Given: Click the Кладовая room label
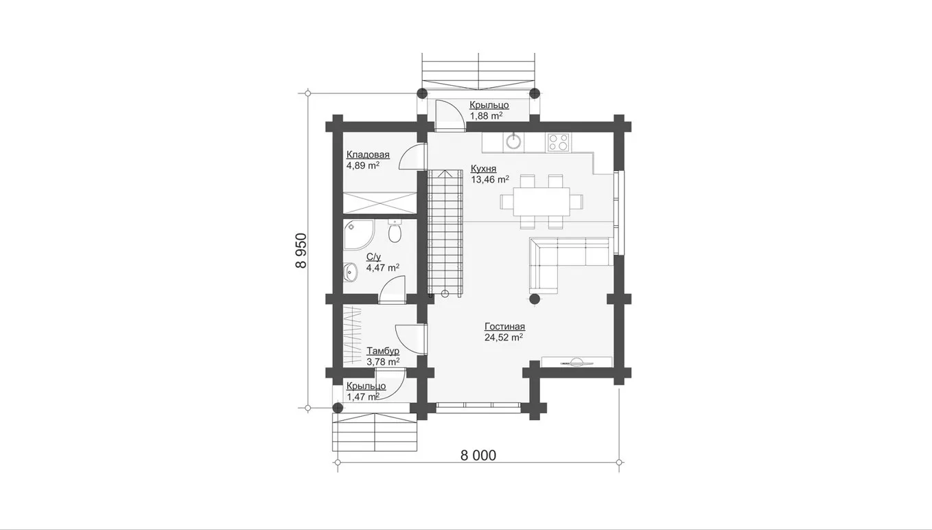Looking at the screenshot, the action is click(368, 155).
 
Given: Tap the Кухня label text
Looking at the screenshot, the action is click(483, 169).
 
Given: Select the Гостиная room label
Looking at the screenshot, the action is click(504, 326).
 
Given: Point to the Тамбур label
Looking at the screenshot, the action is click(383, 351).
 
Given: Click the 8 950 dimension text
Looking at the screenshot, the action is click(301, 250).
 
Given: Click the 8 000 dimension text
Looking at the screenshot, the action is click(478, 455).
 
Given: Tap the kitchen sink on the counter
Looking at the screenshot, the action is click(514, 142).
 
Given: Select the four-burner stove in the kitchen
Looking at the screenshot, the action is click(559, 142).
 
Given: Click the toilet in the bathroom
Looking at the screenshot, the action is click(395, 232).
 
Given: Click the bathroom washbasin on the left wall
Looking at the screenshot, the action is click(351, 273).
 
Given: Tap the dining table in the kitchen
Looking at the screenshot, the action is click(541, 202).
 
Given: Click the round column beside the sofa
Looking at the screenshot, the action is click(535, 299).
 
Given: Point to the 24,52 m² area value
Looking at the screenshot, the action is click(504, 337).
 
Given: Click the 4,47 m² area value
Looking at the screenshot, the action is click(383, 268).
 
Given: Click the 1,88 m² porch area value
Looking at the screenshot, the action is click(486, 116).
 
